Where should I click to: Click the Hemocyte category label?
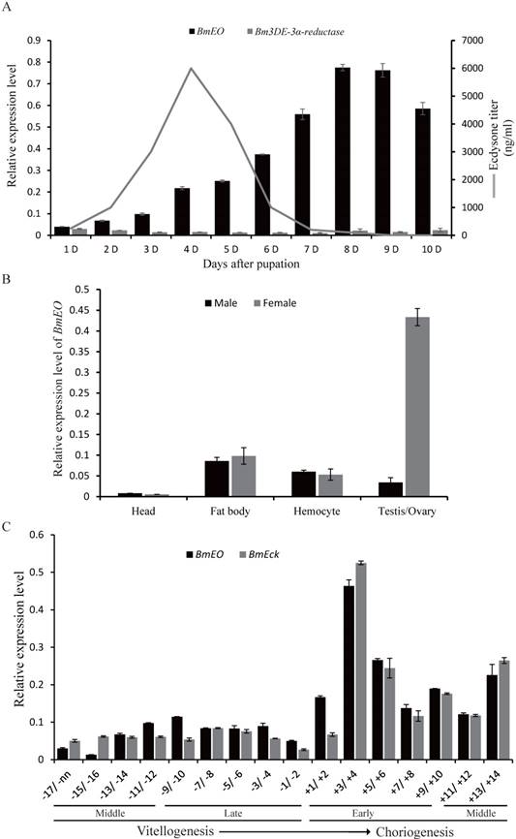point(297,513)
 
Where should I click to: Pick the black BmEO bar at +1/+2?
point(320,728)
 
